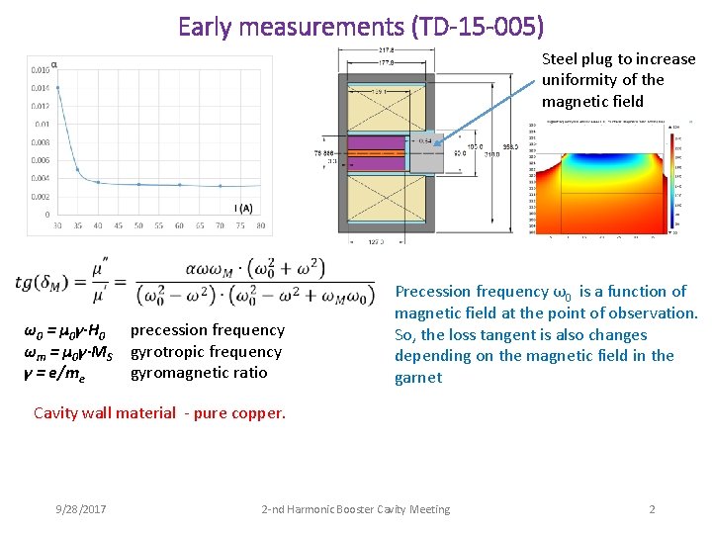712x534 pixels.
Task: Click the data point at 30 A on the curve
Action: pyautogui.click(x=57, y=88)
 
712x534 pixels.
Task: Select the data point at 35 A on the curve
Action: pyautogui.click(x=78, y=170)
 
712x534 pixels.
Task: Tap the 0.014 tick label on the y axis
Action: pyautogui.click(x=40, y=89)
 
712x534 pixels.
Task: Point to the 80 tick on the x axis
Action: pyautogui.click(x=261, y=225)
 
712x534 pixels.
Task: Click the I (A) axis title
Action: pyautogui.click(x=242, y=208)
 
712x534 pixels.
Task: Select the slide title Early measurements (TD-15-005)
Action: pyautogui.click(x=361, y=26)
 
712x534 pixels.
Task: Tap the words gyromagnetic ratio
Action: pyautogui.click(x=199, y=373)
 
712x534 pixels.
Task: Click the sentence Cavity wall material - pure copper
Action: pyautogui.click(x=159, y=412)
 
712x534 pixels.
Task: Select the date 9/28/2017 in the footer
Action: pyautogui.click(x=81, y=509)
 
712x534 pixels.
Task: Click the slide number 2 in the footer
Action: pyautogui.click(x=652, y=509)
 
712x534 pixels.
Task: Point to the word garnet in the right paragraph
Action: pyautogui.click(x=418, y=378)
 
